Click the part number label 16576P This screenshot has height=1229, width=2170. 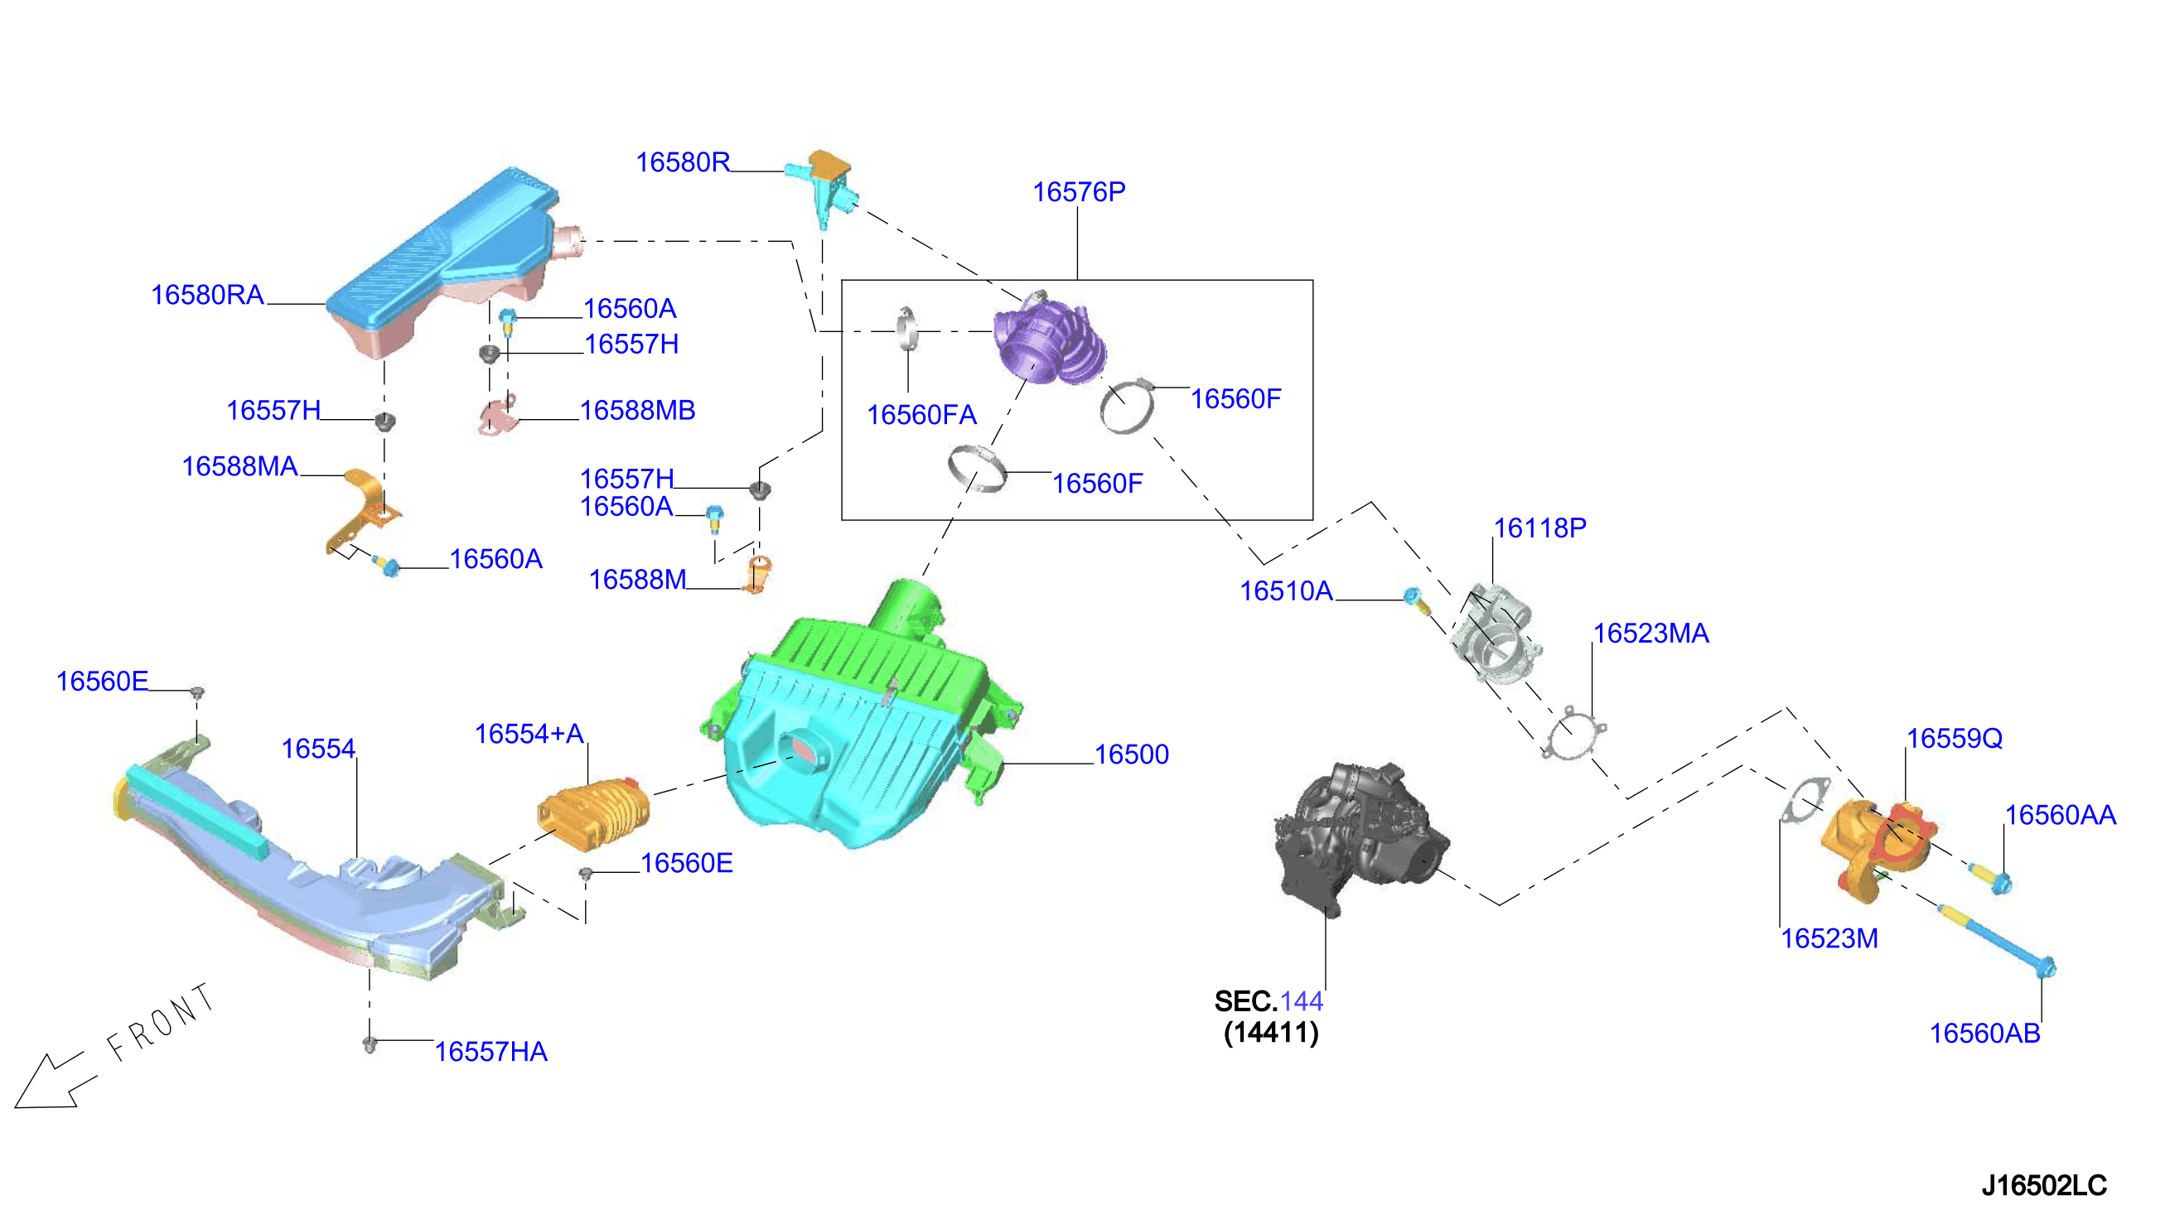click(x=1078, y=191)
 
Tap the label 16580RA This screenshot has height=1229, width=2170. click(x=208, y=295)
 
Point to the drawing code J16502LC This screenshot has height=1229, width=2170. click(x=2043, y=1185)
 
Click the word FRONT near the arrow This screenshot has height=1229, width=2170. click(x=161, y=1022)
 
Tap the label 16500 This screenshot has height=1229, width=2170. click(x=1132, y=754)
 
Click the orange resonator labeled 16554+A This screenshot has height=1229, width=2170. click(x=594, y=814)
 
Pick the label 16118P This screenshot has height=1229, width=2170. click(x=1540, y=528)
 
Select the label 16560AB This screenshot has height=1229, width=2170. click(x=1984, y=1034)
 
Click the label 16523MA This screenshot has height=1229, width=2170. click(x=1650, y=633)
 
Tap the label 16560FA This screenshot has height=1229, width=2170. click(x=921, y=414)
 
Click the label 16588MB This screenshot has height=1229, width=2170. click(x=637, y=410)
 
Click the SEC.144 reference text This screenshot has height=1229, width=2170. click(x=1269, y=1001)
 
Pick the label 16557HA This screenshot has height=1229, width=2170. click(x=491, y=1052)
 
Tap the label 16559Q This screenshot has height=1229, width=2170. click(x=1954, y=739)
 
